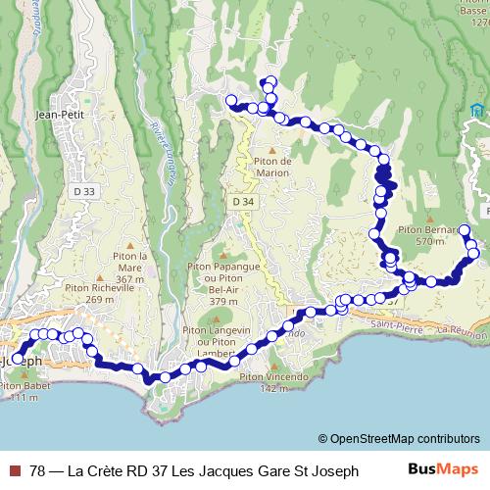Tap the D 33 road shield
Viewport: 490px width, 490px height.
pyautogui.click(x=85, y=191)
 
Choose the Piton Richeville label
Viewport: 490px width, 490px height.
pyautogui.click(x=95, y=288)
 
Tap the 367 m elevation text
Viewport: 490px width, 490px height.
pyautogui.click(x=129, y=279)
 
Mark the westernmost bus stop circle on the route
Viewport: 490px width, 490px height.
pyautogui.click(x=17, y=359)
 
